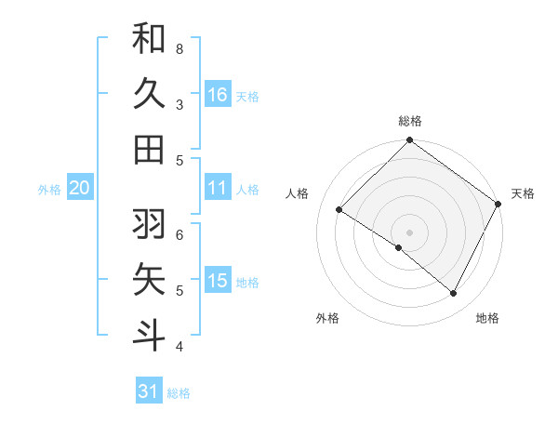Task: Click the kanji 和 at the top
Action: coord(149,38)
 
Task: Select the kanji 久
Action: coord(149,94)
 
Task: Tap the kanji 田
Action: coord(149,149)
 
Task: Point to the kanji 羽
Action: coord(149,223)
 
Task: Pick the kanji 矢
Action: coord(149,279)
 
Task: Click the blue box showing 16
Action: coord(218,94)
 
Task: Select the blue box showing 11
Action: coord(218,188)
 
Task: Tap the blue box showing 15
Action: coord(218,281)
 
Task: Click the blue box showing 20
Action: coord(79,188)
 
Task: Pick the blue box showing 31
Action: coord(149,391)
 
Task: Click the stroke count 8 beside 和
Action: coord(179,48)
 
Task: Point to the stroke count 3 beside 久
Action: coord(179,104)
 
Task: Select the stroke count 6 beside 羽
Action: coord(179,234)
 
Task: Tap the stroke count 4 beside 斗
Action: coord(179,347)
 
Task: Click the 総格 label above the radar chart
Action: coord(409,121)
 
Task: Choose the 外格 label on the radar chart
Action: coord(327,318)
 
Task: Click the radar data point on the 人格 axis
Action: coord(339,210)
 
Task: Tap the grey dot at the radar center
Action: coord(409,232)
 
